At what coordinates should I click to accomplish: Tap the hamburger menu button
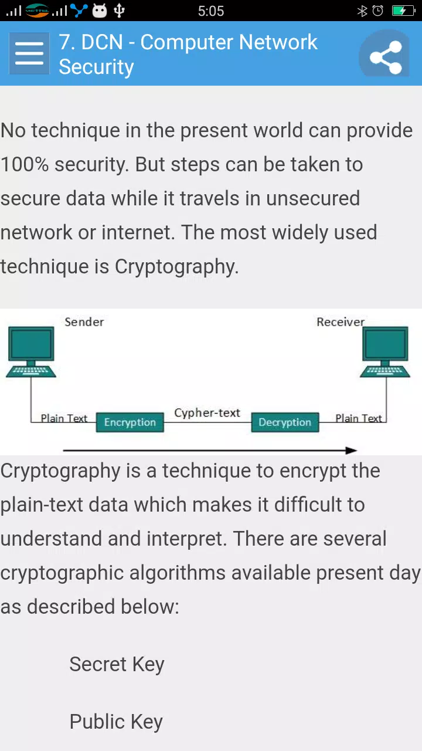pyautogui.click(x=29, y=53)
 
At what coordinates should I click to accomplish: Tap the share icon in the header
pyautogui.click(x=386, y=57)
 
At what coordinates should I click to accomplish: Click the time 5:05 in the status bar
pyautogui.click(x=210, y=11)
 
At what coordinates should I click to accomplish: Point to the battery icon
pyautogui.click(x=404, y=11)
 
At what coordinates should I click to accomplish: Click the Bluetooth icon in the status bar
pyautogui.click(x=362, y=11)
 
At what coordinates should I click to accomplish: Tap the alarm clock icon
pyautogui.click(x=378, y=11)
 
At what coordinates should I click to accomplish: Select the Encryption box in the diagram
pyautogui.click(x=130, y=422)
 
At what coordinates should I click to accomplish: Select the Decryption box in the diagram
pyautogui.click(x=285, y=422)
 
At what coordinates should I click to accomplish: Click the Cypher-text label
pyautogui.click(x=207, y=412)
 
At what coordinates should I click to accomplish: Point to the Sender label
pyautogui.click(x=84, y=322)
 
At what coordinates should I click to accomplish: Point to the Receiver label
pyautogui.click(x=341, y=322)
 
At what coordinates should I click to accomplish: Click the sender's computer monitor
pyautogui.click(x=31, y=344)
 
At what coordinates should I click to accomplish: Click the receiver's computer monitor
pyautogui.click(x=385, y=344)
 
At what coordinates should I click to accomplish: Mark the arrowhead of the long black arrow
pyautogui.click(x=352, y=450)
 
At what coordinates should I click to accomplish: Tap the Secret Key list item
pyautogui.click(x=117, y=665)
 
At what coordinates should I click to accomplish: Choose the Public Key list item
pyautogui.click(x=116, y=722)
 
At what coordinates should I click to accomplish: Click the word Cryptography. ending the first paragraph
pyautogui.click(x=176, y=267)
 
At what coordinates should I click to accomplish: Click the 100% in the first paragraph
pyautogui.click(x=25, y=165)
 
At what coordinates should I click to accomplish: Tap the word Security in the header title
pyautogui.click(x=97, y=67)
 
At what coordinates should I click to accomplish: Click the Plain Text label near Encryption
pyautogui.click(x=64, y=418)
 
